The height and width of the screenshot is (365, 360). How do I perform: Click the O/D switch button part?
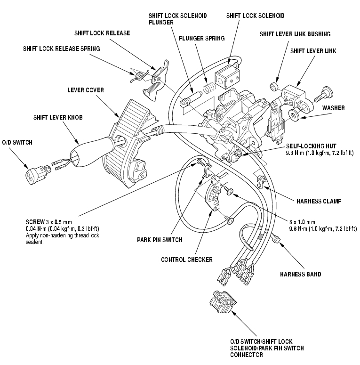(37, 175)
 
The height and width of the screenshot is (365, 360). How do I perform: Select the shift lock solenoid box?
(227, 76)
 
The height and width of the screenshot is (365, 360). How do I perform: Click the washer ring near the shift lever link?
(294, 115)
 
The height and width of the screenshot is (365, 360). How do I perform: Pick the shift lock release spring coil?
(140, 76)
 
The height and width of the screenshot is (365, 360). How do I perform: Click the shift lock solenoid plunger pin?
(191, 99)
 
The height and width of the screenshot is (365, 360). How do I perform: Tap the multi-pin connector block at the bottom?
(223, 301)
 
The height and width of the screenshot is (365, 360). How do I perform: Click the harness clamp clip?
(261, 181)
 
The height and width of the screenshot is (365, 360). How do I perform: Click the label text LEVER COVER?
(86, 90)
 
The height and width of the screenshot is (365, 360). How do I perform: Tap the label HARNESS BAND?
(300, 274)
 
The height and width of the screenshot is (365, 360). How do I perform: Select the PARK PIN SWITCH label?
(160, 240)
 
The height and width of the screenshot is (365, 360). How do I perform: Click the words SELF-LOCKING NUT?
(311, 146)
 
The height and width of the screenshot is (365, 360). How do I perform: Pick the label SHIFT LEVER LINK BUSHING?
(295, 34)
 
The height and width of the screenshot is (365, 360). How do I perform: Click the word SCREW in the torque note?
(35, 222)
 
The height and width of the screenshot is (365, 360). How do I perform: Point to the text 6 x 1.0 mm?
(302, 222)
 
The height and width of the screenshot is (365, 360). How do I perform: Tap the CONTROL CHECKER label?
(187, 260)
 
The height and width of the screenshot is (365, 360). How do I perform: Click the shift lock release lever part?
(156, 81)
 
